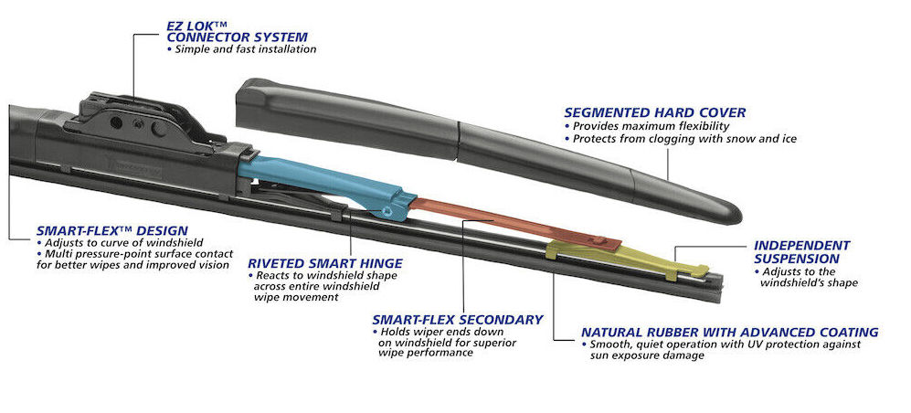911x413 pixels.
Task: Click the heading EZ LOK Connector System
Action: pyautogui.click(x=236, y=30)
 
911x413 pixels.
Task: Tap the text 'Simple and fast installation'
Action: pyautogui.click(x=241, y=48)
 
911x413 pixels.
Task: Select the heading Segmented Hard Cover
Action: pyautogui.click(x=654, y=112)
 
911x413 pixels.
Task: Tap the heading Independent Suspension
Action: pyautogui.click(x=801, y=252)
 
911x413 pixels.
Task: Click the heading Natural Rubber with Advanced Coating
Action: pyautogui.click(x=729, y=332)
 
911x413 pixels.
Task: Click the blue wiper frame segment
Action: pyautogui.click(x=311, y=178)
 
